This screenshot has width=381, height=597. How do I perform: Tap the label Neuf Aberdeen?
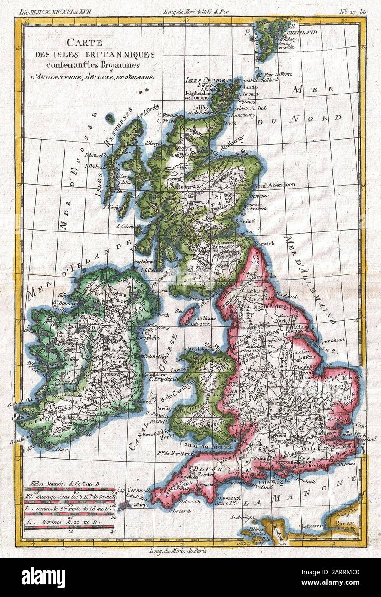coord(275,185)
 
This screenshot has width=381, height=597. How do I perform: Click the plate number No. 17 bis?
coord(351,11)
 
